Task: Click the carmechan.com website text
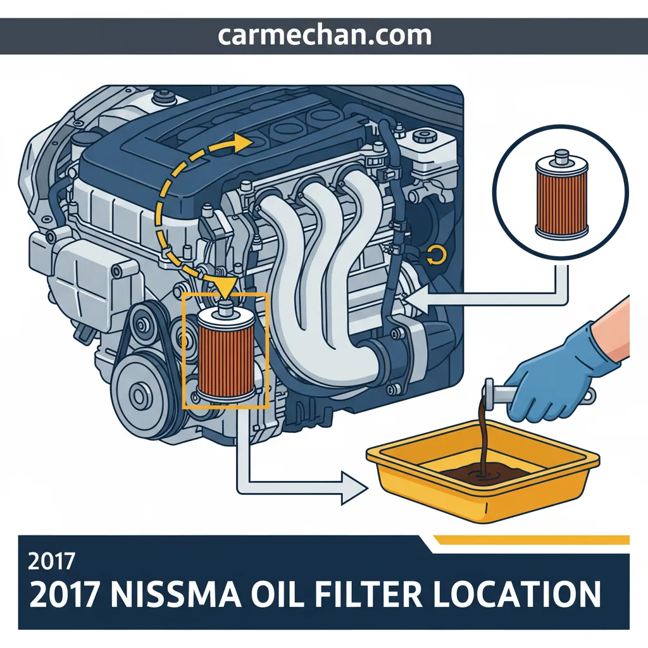click(x=325, y=36)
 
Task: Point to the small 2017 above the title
click(x=51, y=561)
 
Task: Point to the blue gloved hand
click(x=558, y=380)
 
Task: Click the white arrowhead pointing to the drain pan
click(x=354, y=489)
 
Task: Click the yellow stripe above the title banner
click(x=531, y=540)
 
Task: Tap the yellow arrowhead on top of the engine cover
click(x=243, y=143)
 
